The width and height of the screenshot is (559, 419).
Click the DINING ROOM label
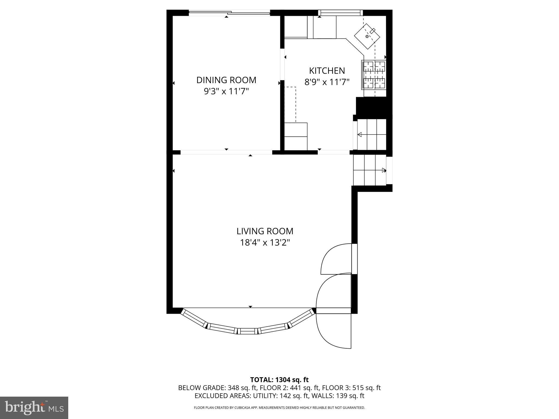point(226,80)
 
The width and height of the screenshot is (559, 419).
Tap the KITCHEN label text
point(327,71)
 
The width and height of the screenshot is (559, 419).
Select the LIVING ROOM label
point(265,231)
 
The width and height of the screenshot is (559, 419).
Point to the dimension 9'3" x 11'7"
point(226,91)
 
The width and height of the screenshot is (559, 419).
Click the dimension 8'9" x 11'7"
point(327,82)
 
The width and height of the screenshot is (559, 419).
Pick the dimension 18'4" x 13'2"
point(265,243)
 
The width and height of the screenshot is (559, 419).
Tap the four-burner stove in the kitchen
point(374,75)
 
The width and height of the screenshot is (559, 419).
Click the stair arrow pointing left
point(360,134)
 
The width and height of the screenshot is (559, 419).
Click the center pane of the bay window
point(248,331)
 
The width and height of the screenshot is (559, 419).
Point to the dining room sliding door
point(229,12)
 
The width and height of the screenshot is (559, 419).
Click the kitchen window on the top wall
point(340,13)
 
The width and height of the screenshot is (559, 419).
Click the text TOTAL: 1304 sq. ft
point(279,380)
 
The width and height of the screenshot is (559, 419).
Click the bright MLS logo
point(34,408)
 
